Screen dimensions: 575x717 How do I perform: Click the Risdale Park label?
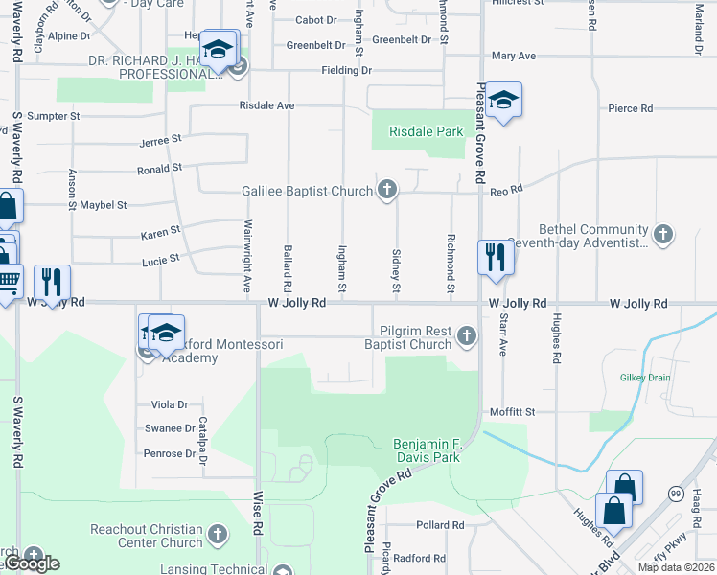pyautogui.click(x=426, y=132)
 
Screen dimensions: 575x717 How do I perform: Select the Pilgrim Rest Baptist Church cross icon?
pyautogui.click(x=466, y=335)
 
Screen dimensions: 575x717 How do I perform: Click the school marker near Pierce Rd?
pyautogui.click(x=502, y=100)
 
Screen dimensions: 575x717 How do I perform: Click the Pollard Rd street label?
pyautogui.click(x=440, y=525)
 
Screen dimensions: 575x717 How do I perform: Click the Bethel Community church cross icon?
pyautogui.click(x=662, y=234)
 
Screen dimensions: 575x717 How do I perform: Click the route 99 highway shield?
pyautogui.click(x=676, y=494)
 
